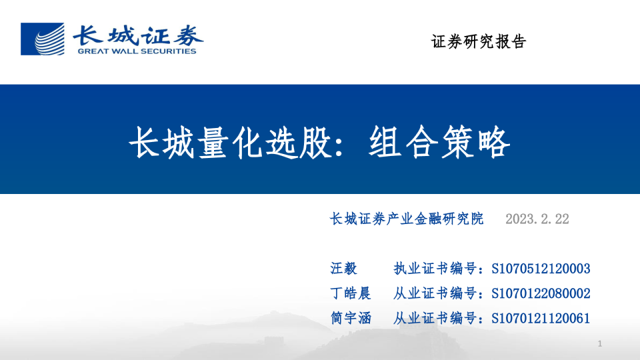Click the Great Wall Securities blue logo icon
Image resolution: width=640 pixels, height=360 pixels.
(x=42, y=39)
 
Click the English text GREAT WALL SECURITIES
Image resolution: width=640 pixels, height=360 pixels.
(x=137, y=51)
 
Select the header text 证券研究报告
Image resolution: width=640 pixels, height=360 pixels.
(x=479, y=42)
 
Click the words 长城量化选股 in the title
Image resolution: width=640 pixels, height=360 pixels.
(x=229, y=142)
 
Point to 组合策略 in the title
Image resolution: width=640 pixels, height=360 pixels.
(x=439, y=142)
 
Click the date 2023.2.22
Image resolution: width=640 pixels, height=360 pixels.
(x=537, y=219)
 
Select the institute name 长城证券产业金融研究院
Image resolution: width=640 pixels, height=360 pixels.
(x=407, y=219)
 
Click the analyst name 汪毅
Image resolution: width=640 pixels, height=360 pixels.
(x=344, y=269)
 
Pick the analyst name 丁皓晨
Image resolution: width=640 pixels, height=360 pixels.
(x=351, y=293)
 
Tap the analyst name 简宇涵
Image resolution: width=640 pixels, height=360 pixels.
(x=351, y=318)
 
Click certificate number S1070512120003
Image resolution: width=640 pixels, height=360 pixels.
(x=541, y=269)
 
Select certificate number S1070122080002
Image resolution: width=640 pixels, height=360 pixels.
(x=541, y=293)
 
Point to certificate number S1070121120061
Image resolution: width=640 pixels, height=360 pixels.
(x=541, y=318)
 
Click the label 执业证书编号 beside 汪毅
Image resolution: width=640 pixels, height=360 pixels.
(x=437, y=269)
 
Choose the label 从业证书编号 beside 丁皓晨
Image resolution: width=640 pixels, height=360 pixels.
(x=437, y=293)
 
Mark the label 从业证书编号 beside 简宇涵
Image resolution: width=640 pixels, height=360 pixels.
(x=437, y=318)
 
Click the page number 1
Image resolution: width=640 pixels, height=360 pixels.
(x=600, y=344)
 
